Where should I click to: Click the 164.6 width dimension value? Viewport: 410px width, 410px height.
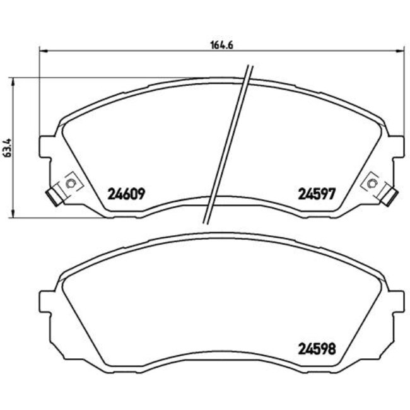click(218, 45)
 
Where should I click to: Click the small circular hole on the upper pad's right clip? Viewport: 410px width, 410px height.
click(373, 184)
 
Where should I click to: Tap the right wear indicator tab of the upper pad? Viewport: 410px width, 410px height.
click(390, 197)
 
